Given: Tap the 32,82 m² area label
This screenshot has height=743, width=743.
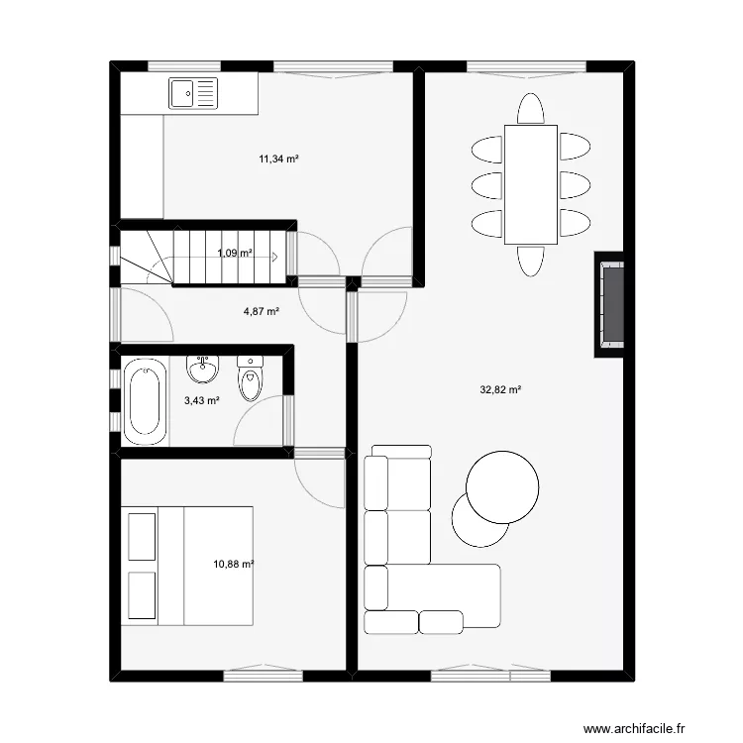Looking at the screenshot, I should click(x=500, y=389).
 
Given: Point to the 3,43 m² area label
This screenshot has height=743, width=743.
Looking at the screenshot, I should click(x=201, y=400).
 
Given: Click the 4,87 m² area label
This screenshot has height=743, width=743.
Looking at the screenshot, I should click(x=261, y=310).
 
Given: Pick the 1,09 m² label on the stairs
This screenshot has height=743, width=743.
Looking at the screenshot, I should click(x=235, y=253).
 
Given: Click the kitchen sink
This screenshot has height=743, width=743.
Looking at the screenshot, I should click(x=193, y=94).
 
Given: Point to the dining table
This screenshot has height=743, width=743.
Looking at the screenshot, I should click(x=530, y=184).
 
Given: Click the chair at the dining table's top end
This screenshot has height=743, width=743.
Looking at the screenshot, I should click(x=530, y=109).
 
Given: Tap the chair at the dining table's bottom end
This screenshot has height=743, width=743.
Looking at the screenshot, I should click(x=530, y=261).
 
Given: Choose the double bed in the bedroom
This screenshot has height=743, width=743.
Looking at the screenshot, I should click(x=188, y=566).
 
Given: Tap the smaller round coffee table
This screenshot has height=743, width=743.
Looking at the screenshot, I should click(x=478, y=519).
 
